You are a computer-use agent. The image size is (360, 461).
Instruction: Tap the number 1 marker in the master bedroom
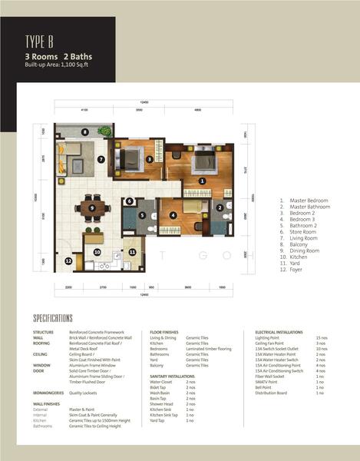coord(202,181)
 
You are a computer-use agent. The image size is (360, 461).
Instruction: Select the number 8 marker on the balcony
coord(86,132)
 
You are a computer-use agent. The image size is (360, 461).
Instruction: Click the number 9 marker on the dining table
coord(92,207)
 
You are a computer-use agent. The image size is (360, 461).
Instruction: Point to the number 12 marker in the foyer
coord(68,261)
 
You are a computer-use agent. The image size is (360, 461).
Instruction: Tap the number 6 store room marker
coord(130,201)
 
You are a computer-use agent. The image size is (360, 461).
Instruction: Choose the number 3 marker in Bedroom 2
coord(149,159)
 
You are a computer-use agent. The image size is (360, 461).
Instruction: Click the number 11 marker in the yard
coord(131,251)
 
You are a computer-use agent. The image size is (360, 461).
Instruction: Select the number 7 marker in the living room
coord(101,160)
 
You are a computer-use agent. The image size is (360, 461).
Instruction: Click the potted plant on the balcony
coord(62,132)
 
